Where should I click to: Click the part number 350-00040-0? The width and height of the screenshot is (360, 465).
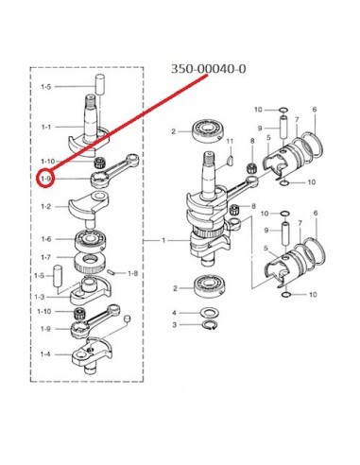208,69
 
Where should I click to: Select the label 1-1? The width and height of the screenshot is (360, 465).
46,127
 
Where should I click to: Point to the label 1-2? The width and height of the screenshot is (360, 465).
46,207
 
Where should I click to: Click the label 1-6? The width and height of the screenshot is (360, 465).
46,239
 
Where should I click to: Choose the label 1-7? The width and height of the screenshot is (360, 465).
46,257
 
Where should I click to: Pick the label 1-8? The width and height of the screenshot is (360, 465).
132,273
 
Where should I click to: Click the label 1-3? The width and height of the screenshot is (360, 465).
40,297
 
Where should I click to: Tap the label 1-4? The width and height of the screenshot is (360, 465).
45,354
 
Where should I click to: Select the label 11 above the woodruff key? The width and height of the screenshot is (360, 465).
230,141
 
